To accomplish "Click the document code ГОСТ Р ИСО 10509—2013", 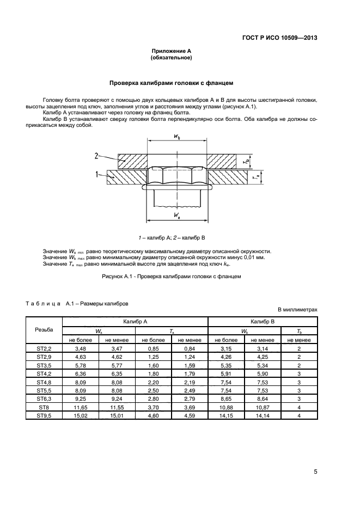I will coord(279,38).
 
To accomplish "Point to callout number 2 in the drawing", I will coord(96,155).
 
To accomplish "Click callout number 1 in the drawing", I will coord(96,174).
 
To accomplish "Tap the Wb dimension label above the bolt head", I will coord(178,137).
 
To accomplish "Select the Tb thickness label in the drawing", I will coord(246,162).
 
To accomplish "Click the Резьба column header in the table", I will coord(44,330).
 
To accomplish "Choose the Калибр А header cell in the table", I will coord(135,322).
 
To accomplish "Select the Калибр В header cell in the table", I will coord(263,322).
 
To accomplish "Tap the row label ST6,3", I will coord(44,398).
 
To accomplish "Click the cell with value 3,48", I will coord(81,348).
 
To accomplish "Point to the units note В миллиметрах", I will coord(297,309).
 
